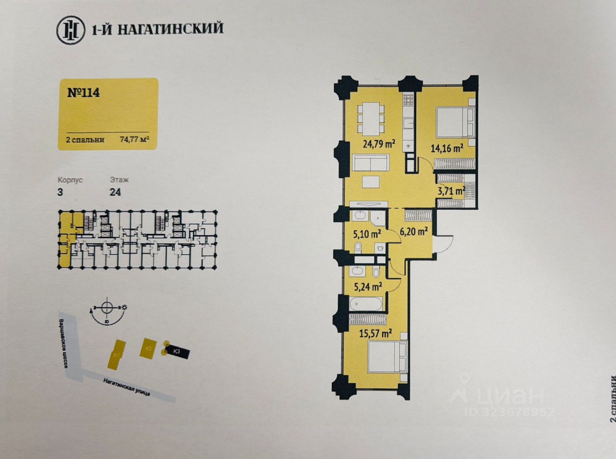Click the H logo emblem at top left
pyautogui.click(x=70, y=29)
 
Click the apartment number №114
pyautogui.click(x=84, y=92)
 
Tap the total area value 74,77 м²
pyautogui.click(x=134, y=140)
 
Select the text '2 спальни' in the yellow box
pyautogui.click(x=85, y=140)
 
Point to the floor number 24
pyautogui.click(x=115, y=192)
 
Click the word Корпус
pyautogui.click(x=70, y=180)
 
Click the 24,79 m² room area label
pyautogui.click(x=379, y=143)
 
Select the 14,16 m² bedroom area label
pyautogui.click(x=447, y=148)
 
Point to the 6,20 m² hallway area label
pyautogui.click(x=414, y=232)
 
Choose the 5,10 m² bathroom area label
pyautogui.click(x=367, y=235)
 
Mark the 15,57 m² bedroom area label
pyautogui.click(x=375, y=333)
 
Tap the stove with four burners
pyautogui.click(x=409, y=100)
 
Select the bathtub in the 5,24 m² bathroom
pyautogui.click(x=366, y=304)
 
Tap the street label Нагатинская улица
pyautogui.click(x=127, y=386)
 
